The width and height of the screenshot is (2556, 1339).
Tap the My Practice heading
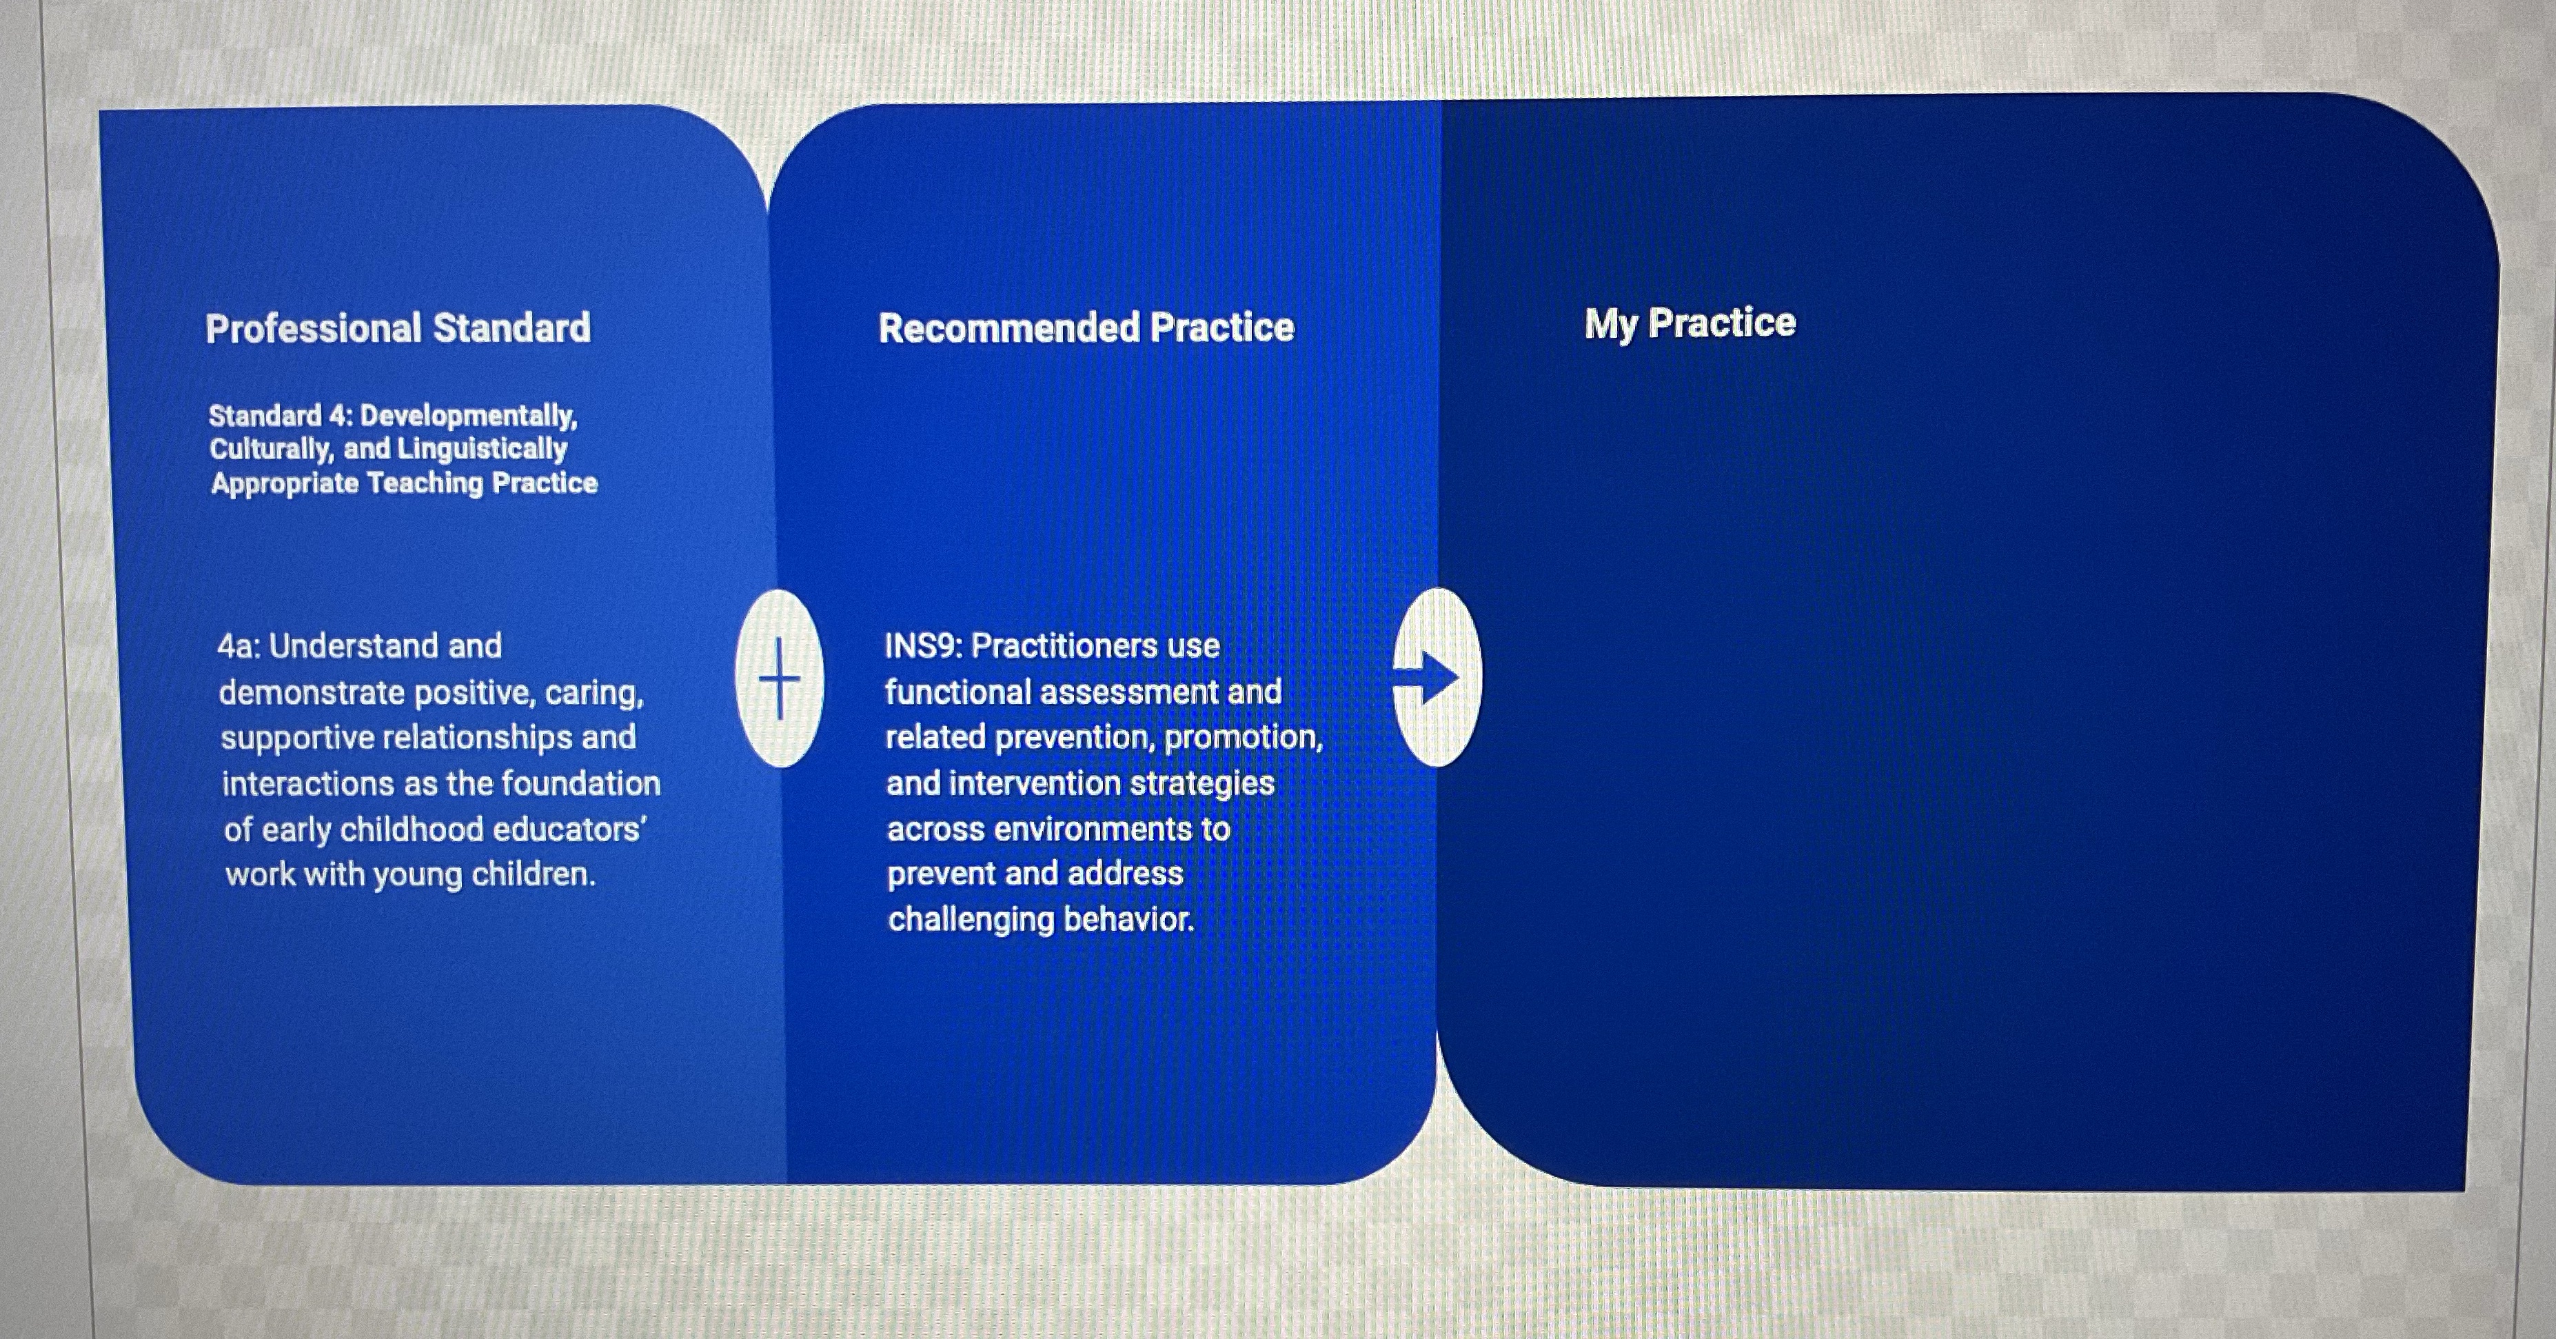coord(1689,323)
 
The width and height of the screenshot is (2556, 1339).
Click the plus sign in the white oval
coord(779,679)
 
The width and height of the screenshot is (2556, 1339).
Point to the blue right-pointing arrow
coord(1429,678)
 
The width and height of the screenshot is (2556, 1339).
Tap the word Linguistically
coord(483,449)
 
